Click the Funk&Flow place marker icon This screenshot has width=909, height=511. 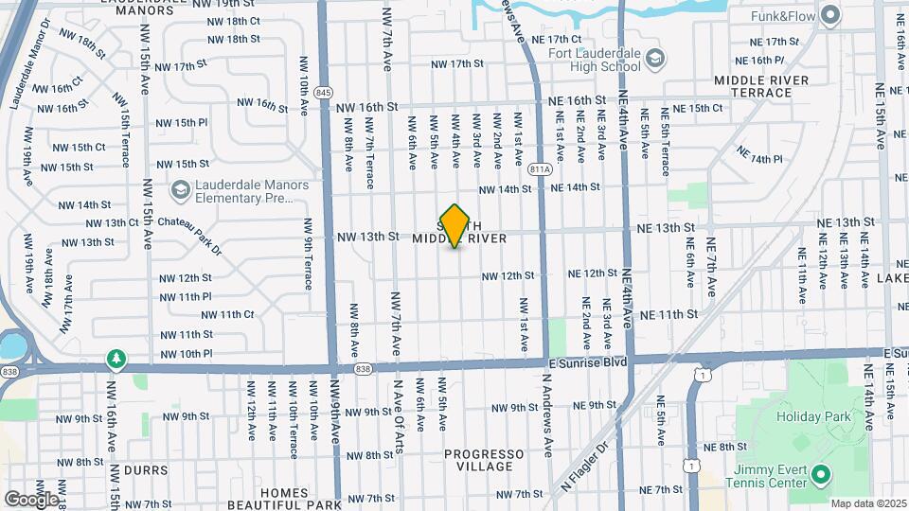tap(830, 15)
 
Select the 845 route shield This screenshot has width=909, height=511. tap(325, 92)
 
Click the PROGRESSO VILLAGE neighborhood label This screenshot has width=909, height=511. tap(484, 460)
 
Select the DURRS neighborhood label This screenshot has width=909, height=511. tap(144, 469)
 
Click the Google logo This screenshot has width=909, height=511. tap(30, 499)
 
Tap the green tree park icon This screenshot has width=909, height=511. tap(116, 359)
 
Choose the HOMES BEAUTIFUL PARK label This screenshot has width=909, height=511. tap(285, 499)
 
